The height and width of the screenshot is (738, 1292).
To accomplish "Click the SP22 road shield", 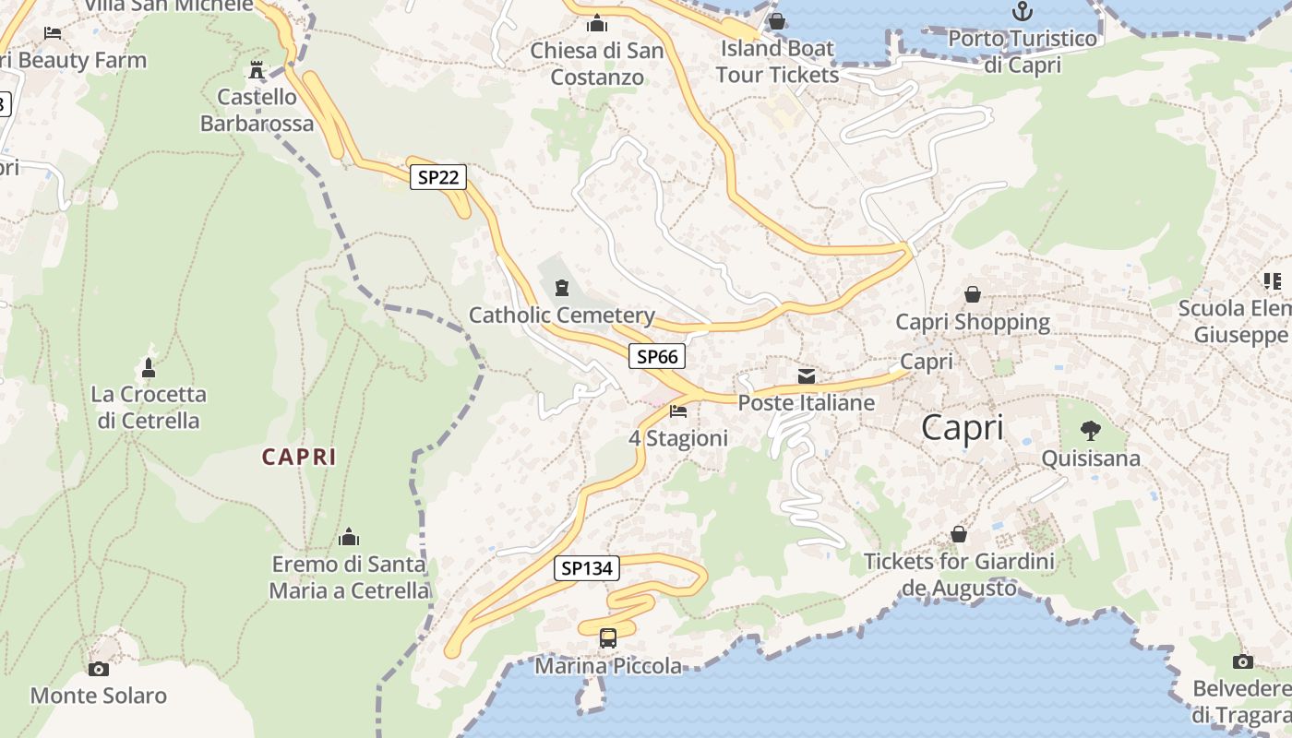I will tap(437, 177).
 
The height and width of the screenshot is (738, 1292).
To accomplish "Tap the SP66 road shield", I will tap(658, 356).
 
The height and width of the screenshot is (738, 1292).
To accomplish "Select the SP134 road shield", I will tap(587, 568).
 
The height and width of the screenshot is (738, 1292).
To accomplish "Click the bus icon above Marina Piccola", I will tap(608, 637).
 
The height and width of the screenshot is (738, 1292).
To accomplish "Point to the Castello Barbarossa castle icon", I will tap(257, 70).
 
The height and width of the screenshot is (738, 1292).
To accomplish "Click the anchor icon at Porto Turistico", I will tap(1023, 12).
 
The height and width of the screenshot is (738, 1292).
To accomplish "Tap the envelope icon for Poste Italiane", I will tap(807, 376).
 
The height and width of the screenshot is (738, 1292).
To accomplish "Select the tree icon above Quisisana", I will tap(1091, 431).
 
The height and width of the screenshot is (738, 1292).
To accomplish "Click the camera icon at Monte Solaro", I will tap(98, 669).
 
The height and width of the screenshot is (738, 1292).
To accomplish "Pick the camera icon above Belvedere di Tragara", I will tap(1243, 661).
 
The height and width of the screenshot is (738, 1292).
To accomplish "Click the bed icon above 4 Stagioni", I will tap(679, 411).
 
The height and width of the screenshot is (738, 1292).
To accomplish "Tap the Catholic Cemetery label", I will tap(562, 315).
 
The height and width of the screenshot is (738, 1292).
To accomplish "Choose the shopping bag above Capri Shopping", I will tap(973, 295).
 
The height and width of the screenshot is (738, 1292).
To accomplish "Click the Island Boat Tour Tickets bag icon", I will tap(777, 21).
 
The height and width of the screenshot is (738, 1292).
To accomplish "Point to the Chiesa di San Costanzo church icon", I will tap(597, 23).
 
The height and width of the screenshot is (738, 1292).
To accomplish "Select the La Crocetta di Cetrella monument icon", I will tap(149, 368).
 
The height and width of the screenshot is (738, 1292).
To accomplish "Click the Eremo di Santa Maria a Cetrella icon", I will tap(349, 537).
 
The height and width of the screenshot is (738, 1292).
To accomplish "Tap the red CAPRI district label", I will tap(299, 457).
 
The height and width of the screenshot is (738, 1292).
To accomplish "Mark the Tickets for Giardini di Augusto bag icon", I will tap(959, 535).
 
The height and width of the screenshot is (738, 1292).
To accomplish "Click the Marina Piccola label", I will tap(608, 666).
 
